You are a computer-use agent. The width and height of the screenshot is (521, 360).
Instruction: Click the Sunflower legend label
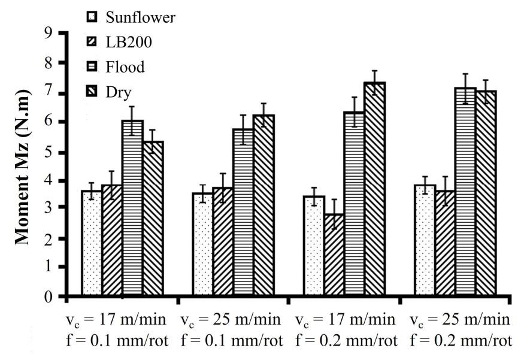[x=140, y=17]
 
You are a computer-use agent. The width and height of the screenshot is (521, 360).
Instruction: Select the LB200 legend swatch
[x=92, y=43]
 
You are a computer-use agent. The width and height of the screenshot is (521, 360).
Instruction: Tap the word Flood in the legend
[x=125, y=67]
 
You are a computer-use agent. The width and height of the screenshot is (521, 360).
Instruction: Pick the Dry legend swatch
[x=92, y=92]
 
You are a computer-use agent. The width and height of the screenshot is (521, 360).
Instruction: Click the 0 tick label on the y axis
[x=47, y=297]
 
